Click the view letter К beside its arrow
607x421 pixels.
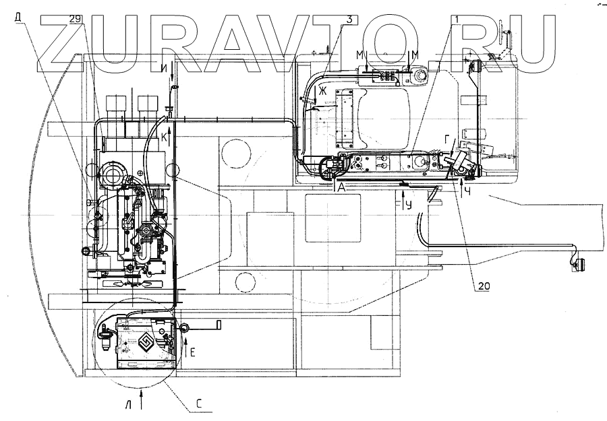pyautogui.click(x=164, y=138)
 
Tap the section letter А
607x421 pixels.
pyautogui.click(x=342, y=189)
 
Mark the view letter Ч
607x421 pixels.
pyautogui.click(x=467, y=191)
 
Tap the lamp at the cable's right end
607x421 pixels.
pyautogui.click(x=577, y=265)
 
